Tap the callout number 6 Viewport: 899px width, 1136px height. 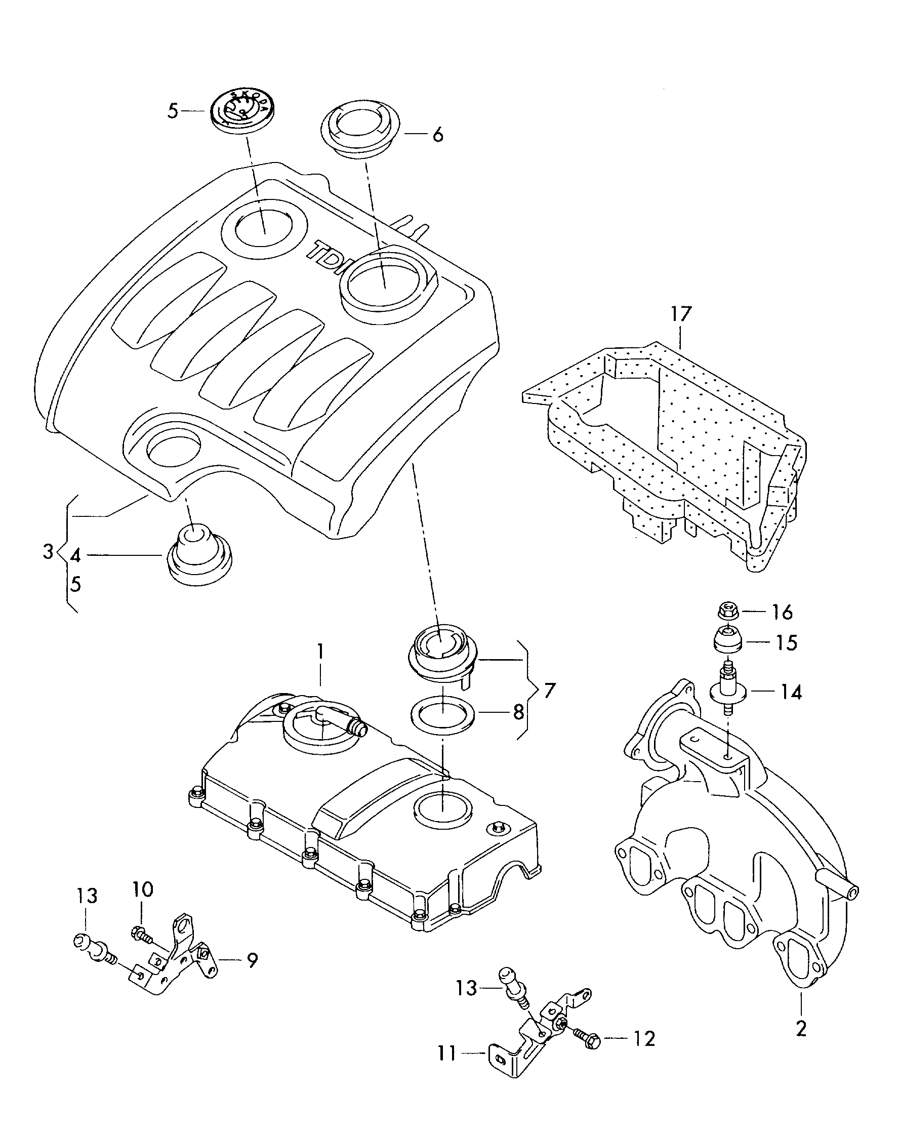(437, 135)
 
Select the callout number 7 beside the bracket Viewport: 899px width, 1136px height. (549, 690)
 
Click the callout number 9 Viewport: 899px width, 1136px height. (253, 961)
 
